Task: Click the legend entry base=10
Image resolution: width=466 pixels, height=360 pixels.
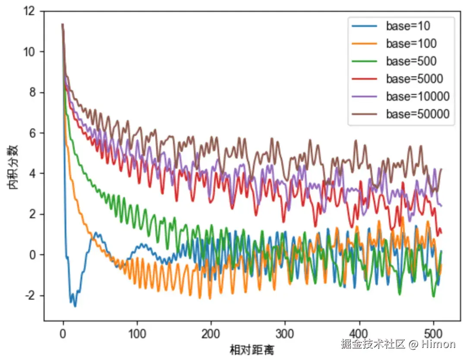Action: (408, 26)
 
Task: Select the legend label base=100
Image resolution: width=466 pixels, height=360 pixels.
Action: (411, 44)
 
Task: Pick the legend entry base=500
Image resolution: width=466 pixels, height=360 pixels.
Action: (411, 61)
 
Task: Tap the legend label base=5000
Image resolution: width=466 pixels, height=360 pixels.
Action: (414, 79)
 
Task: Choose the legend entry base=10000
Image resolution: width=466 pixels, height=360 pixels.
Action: (418, 97)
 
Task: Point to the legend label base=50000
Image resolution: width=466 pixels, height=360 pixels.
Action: (418, 114)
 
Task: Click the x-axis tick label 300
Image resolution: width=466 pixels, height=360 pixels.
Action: (285, 334)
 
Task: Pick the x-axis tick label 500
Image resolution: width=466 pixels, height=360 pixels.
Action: (433, 334)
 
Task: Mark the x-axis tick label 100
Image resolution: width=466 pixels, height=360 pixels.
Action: (137, 334)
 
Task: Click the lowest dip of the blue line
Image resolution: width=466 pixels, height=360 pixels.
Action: (75, 306)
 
